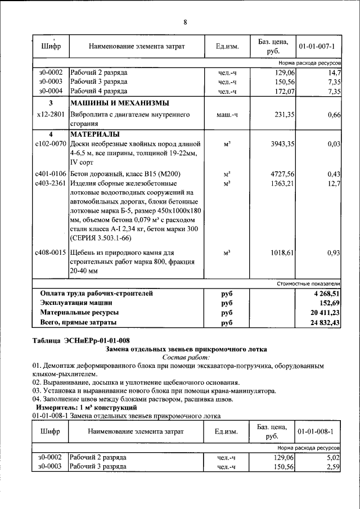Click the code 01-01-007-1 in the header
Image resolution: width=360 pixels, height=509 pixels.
click(x=317, y=46)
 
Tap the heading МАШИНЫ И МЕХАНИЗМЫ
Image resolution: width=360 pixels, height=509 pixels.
click(x=119, y=103)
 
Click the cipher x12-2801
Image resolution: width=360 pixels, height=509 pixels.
click(x=51, y=115)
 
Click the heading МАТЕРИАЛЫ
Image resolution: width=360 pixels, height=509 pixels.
click(x=94, y=134)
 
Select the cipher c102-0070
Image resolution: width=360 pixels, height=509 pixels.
click(x=51, y=144)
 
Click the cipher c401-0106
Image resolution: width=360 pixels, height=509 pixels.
click(x=51, y=174)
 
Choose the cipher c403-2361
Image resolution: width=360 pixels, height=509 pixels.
click(x=51, y=183)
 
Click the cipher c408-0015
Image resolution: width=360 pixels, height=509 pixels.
click(x=51, y=253)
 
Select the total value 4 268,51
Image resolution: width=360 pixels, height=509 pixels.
click(x=326, y=294)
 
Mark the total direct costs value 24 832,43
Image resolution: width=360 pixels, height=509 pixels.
click(x=323, y=323)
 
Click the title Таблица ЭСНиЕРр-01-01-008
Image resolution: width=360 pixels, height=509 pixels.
click(x=81, y=340)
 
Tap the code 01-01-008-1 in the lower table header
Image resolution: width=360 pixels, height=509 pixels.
click(x=317, y=431)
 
